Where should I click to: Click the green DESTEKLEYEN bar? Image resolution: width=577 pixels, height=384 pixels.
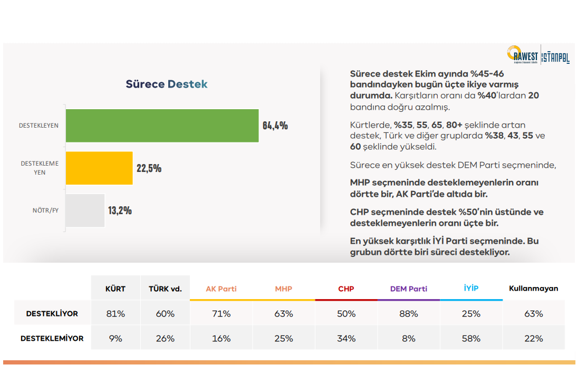pos(162,126)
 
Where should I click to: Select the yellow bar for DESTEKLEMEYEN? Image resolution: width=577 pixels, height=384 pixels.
pos(99,168)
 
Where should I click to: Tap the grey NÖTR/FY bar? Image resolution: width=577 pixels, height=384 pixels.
pos(85,210)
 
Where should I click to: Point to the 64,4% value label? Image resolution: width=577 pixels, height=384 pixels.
pos(275,126)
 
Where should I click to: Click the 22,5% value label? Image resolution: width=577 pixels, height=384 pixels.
pos(149,168)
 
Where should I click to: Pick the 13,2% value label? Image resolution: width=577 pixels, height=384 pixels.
pos(120,210)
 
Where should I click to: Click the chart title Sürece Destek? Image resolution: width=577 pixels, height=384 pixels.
pos(166,84)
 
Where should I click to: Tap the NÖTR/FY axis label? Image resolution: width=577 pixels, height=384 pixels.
pos(45,211)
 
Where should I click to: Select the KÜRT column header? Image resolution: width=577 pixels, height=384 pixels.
pos(116,289)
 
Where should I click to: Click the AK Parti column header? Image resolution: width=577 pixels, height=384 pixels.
pos(221,289)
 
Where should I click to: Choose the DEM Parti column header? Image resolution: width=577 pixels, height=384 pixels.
pos(408,289)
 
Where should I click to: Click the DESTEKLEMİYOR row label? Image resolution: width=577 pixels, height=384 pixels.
pos(52,338)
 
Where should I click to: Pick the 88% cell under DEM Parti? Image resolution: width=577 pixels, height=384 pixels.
pos(408,313)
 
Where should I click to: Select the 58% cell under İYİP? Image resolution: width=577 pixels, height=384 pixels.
pos(471,338)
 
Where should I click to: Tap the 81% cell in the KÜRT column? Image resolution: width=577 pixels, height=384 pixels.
pos(116,313)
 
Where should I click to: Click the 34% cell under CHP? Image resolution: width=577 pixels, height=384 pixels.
pos(346,338)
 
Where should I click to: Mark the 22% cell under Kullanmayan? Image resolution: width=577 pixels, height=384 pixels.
pos(533,338)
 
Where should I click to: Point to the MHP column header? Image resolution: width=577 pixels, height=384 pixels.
pos(283,289)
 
